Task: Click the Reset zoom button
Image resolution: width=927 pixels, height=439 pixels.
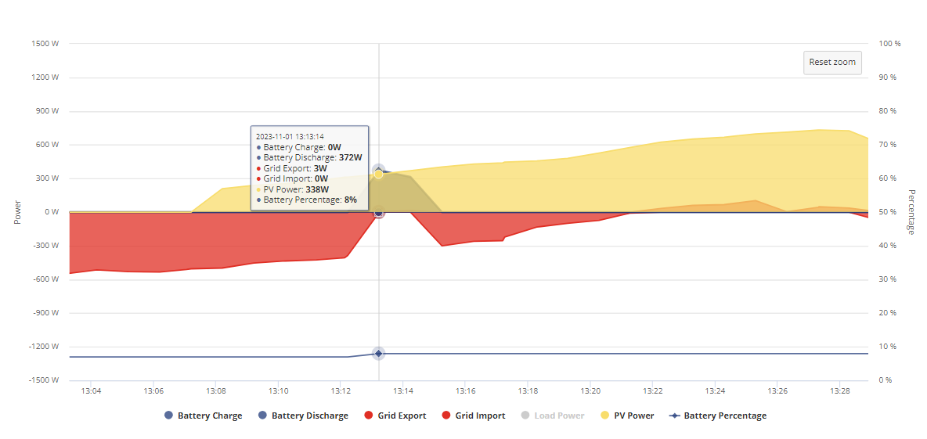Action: click(x=832, y=63)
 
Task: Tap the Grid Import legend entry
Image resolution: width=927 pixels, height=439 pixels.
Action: click(x=474, y=416)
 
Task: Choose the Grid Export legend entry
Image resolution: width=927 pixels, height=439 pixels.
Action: click(x=395, y=416)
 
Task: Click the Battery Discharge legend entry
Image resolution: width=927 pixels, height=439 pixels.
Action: click(x=303, y=416)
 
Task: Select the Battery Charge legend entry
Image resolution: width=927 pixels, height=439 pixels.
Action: click(x=204, y=416)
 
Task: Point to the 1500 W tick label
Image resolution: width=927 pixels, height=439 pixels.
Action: click(x=47, y=44)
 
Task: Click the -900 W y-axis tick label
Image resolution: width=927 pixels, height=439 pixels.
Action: click(x=47, y=313)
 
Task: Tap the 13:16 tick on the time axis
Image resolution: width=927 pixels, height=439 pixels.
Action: click(x=465, y=390)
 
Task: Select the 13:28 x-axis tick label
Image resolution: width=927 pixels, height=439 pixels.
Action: click(x=839, y=390)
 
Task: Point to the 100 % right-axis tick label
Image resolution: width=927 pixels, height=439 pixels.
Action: click(x=889, y=44)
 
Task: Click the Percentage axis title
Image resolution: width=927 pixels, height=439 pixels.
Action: click(x=911, y=212)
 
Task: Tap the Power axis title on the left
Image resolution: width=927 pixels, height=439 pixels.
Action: click(x=17, y=212)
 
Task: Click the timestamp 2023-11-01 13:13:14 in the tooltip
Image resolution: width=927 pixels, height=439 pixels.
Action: click(x=290, y=136)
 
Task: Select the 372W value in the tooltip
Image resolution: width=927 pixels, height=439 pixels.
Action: click(x=351, y=158)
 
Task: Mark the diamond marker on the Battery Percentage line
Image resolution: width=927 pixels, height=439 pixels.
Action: click(x=378, y=354)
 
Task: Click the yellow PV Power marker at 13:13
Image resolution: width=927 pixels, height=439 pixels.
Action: click(x=378, y=175)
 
